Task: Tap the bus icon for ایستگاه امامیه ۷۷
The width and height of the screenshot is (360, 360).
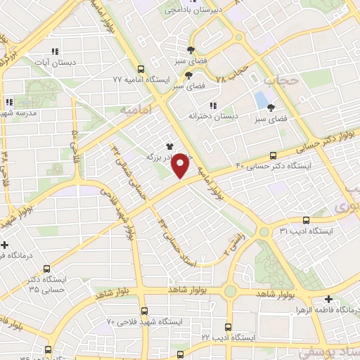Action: click(x=141, y=69)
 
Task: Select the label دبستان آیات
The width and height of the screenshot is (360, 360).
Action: click(x=53, y=63)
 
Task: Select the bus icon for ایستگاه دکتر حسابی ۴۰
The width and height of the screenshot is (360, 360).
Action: click(x=273, y=155)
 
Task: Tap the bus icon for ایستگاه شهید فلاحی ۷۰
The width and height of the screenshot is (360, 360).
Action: click(x=143, y=311)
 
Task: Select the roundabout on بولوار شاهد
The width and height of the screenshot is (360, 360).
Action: click(x=230, y=290)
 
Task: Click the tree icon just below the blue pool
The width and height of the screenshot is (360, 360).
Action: click(x=271, y=108)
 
